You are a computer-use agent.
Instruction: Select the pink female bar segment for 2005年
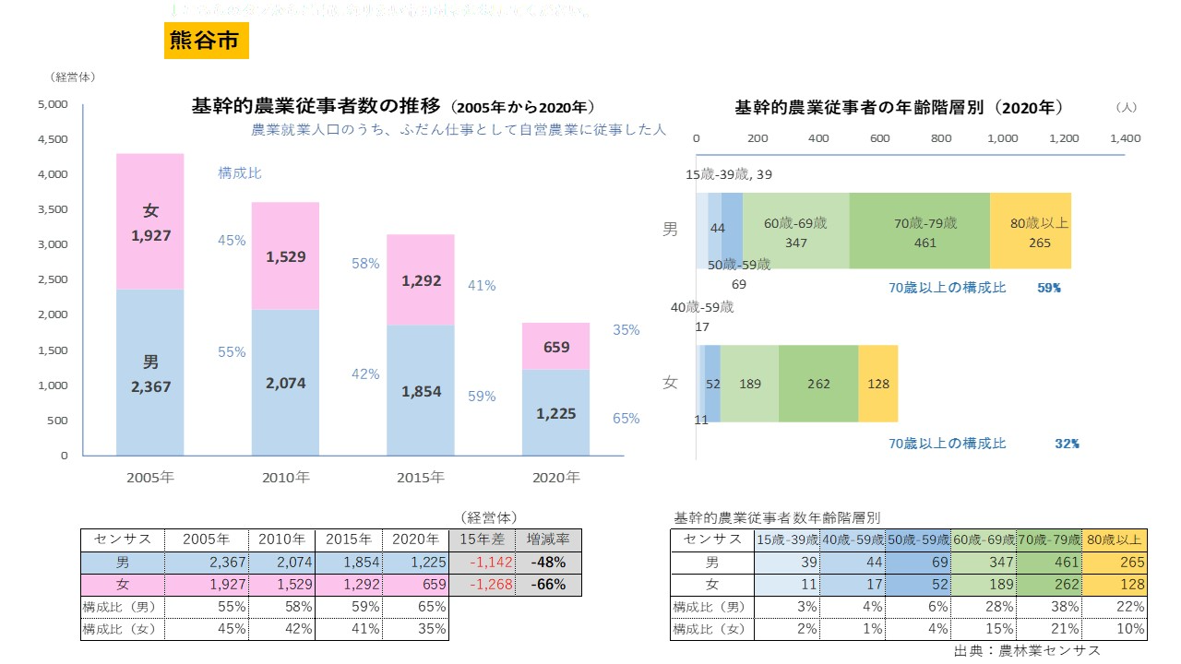pos(149,221)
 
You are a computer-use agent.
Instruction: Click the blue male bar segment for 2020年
pos(555,412)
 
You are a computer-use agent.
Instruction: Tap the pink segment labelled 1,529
pos(285,255)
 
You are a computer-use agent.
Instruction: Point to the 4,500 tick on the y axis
pos(53,139)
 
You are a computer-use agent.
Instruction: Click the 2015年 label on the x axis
pos(420,478)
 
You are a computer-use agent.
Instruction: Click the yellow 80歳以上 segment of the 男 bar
pos(1030,231)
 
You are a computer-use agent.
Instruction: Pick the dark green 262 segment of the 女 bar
pos(817,384)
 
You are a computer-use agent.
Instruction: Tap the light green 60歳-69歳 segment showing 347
pos(795,231)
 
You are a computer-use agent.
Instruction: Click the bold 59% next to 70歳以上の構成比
pos(1049,288)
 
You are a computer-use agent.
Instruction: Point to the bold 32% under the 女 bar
pos(1067,444)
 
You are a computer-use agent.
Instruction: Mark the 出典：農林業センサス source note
pos(1027,650)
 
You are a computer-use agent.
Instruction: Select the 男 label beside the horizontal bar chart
pos(671,230)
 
